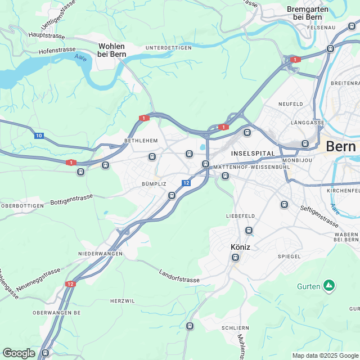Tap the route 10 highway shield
[38, 136]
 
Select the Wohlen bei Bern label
[112, 50]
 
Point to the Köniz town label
[241, 246]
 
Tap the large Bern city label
[341, 146]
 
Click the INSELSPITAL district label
[253, 154]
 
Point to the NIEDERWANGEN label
[100, 254]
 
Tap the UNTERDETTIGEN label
[168, 48]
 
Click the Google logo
[19, 353]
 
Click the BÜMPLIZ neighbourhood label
[154, 184]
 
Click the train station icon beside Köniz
[235, 257]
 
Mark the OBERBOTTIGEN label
[22, 206]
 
